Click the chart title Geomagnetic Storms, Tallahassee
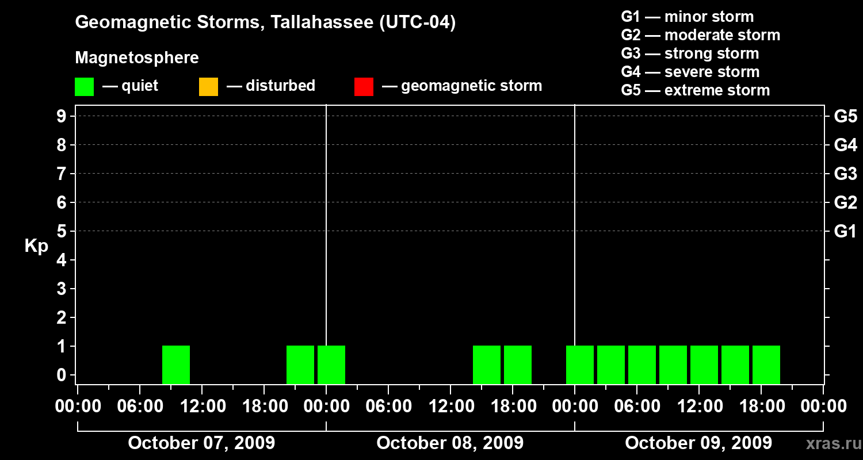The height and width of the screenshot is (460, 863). pyautogui.click(x=265, y=22)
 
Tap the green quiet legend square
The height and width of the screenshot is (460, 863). pyautogui.click(x=84, y=86)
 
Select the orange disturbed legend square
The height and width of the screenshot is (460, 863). pyautogui.click(x=208, y=86)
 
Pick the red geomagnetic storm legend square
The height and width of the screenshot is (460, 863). pyautogui.click(x=364, y=86)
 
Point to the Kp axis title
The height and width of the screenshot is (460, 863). pyautogui.click(x=36, y=246)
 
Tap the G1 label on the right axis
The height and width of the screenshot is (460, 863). pyautogui.click(x=845, y=231)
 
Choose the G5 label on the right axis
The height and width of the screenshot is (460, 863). pyautogui.click(x=845, y=116)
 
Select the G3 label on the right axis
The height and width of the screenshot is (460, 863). pyautogui.click(x=845, y=174)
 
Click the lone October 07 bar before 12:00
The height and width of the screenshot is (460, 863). pyautogui.click(x=176, y=365)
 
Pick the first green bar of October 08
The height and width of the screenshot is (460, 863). pyautogui.click(x=331, y=365)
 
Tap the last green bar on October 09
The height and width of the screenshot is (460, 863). pyautogui.click(x=766, y=365)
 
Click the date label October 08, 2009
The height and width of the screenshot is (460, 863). pyautogui.click(x=450, y=443)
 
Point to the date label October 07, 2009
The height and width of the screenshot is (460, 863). pyautogui.click(x=201, y=443)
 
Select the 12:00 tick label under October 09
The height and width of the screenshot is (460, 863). pyautogui.click(x=698, y=407)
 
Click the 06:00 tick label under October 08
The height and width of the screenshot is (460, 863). pyautogui.click(x=388, y=407)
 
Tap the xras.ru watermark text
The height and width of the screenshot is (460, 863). pyautogui.click(x=829, y=443)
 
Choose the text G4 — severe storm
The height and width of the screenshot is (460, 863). pyautogui.click(x=690, y=72)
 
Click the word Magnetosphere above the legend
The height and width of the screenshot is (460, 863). pyautogui.click(x=137, y=58)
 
